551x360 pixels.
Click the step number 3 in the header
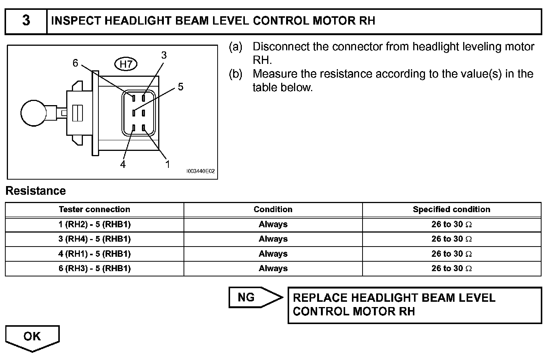pos(26,20)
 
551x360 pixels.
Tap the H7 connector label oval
pos(126,65)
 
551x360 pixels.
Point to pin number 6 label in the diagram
pos(75,63)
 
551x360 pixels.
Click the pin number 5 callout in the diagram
pos(181,87)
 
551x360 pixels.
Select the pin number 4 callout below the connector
pos(123,164)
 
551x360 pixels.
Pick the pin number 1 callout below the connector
pos(167,164)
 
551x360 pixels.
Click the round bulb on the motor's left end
pos(33,113)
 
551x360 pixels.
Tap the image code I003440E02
pos(200,171)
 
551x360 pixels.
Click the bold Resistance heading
pos(36,191)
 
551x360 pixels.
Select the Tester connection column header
pos(94,209)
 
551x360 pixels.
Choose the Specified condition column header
pos(451,209)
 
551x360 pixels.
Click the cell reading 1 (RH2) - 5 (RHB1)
pos(94,225)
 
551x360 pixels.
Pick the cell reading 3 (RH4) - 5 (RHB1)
pos(94,239)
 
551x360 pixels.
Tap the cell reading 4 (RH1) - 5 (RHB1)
pos(94,254)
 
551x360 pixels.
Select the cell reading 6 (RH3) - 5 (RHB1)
pos(94,268)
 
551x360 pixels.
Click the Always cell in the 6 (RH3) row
pos(273,268)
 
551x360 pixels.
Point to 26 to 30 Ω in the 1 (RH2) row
pos(451,225)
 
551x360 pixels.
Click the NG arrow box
pos(252,298)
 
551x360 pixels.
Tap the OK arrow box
pos(32,337)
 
